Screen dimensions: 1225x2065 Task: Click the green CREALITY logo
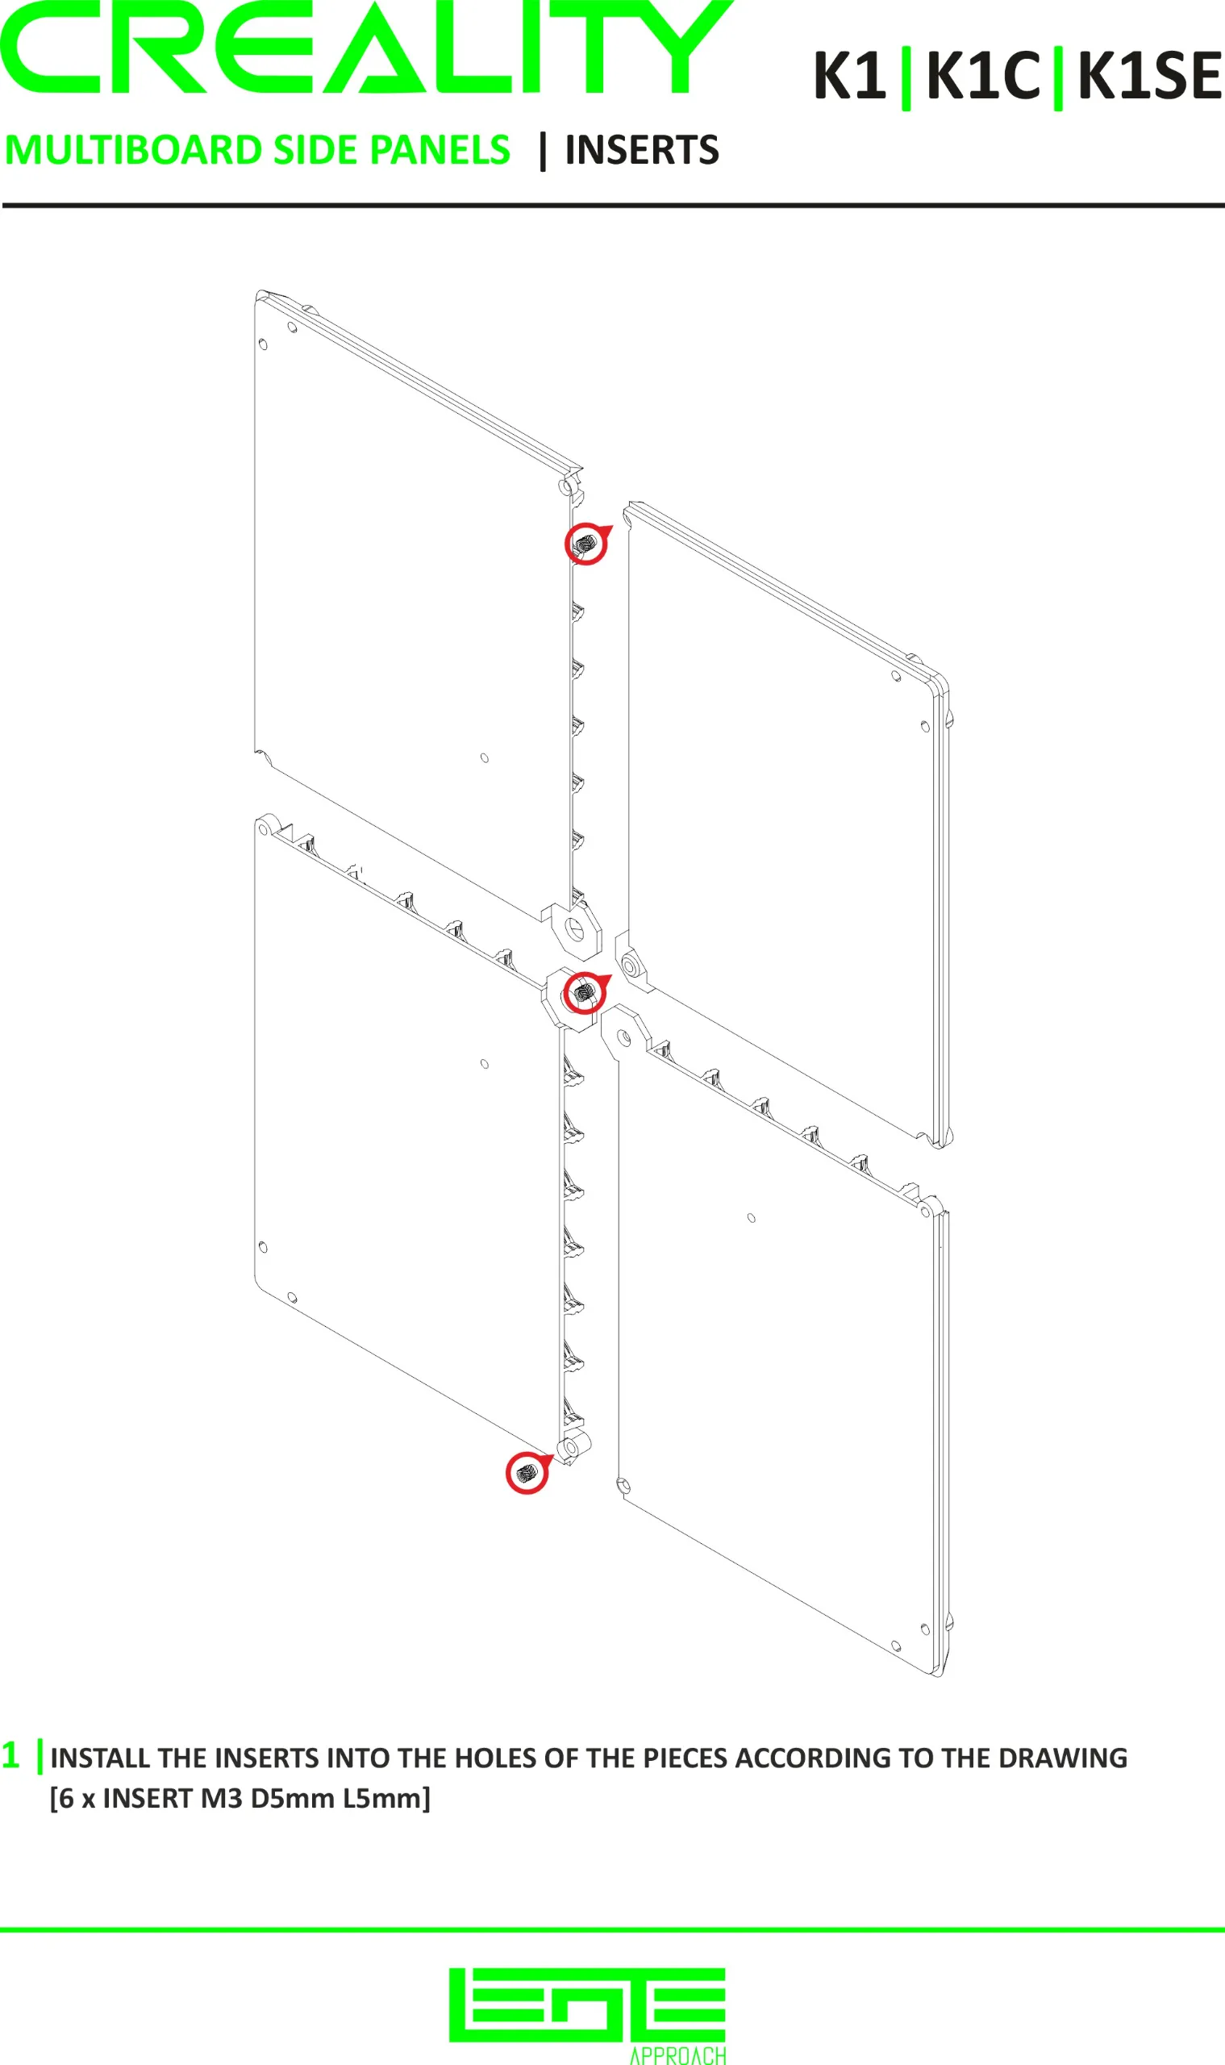(365, 46)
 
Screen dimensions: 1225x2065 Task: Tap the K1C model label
(982, 76)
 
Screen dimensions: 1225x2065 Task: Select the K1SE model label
(1149, 76)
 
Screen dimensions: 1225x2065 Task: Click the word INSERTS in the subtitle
(641, 150)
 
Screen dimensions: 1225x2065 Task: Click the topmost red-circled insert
(587, 544)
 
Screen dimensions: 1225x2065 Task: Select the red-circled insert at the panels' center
(585, 991)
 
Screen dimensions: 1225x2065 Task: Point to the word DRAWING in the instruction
(1062, 1758)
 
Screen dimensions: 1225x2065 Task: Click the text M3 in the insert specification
(221, 1798)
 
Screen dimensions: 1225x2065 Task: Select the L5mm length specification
(387, 1798)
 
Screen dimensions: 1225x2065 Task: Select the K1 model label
(849, 76)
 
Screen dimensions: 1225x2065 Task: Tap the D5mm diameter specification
(293, 1798)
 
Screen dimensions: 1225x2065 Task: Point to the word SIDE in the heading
(315, 150)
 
